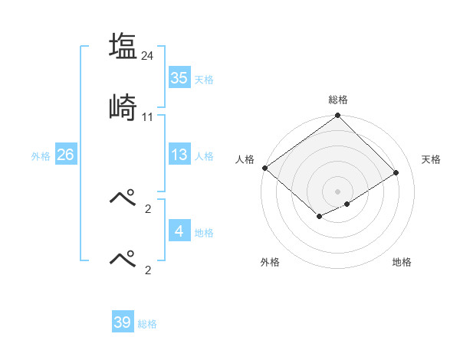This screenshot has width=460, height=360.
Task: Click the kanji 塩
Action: (x=123, y=46)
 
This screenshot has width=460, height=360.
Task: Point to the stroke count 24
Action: (x=148, y=55)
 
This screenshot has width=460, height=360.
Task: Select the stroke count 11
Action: (x=148, y=116)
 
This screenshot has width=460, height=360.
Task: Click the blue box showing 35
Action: (x=179, y=77)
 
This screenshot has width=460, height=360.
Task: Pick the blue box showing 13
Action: (x=179, y=155)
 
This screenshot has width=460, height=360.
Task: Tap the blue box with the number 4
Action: (x=179, y=231)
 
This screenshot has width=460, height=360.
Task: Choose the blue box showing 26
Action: (x=65, y=155)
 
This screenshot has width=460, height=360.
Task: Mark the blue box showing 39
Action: (x=123, y=322)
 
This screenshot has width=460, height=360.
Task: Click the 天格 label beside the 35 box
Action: (x=204, y=79)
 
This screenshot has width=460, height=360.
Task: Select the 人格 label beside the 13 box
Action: (x=204, y=156)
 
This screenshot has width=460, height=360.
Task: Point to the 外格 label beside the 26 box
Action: (x=41, y=156)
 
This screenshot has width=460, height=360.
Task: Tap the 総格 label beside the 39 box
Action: (x=147, y=324)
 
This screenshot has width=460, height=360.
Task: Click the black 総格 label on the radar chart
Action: (x=337, y=100)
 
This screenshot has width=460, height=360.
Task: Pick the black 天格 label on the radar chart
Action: (x=431, y=159)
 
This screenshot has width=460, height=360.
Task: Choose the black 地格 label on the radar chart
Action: (x=402, y=262)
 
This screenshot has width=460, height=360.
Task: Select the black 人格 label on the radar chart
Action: (x=245, y=159)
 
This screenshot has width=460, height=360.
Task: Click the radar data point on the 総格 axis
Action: (x=337, y=116)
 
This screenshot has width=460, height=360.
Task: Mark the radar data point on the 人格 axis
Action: (x=264, y=168)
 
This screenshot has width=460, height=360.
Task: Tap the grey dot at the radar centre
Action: (x=337, y=191)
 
